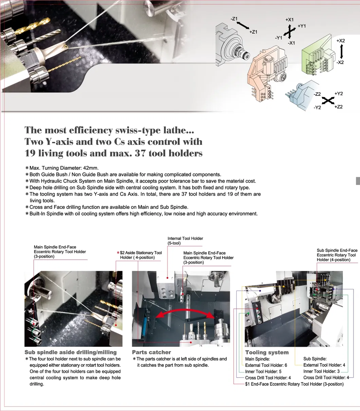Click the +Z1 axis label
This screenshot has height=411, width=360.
253,32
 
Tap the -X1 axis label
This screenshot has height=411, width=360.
291,43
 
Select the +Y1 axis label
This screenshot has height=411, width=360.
302,26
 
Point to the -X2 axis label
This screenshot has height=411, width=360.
340,62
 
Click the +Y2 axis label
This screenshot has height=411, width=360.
339,93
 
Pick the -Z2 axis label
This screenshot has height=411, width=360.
317,94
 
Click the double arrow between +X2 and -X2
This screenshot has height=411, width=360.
341,52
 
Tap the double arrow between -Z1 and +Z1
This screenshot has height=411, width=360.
243,25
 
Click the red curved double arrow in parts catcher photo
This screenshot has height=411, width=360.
185,313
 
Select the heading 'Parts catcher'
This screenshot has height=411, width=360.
151,352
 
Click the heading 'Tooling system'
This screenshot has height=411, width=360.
267,353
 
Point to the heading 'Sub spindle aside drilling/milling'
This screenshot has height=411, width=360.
71,353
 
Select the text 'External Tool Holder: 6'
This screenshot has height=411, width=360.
266,365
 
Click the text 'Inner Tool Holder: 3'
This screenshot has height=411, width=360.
322,372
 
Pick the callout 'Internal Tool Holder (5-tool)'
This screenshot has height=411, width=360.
185,241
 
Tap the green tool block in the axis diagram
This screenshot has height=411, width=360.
317,56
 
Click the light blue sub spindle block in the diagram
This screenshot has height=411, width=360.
302,94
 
